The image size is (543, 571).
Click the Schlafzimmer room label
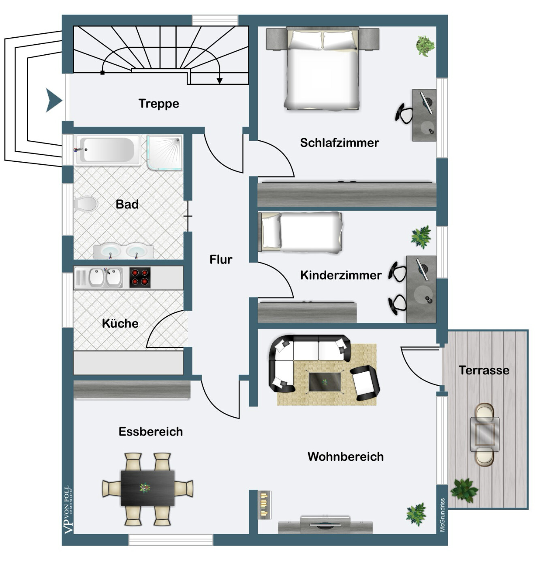click(339, 143)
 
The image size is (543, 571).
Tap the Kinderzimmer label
click(341, 275)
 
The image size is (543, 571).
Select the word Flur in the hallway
click(221, 260)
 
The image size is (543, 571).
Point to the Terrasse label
click(484, 370)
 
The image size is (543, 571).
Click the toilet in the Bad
click(85, 204)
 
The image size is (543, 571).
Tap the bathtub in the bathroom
click(108, 150)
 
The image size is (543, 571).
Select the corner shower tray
click(164, 153)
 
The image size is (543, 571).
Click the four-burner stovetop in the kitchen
click(140, 278)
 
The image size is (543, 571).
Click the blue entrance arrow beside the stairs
click(53, 101)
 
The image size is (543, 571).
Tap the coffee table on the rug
click(325, 382)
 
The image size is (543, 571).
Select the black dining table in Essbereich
click(148, 488)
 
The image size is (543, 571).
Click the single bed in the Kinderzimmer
click(300, 232)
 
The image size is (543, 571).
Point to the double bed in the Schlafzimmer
click(323, 69)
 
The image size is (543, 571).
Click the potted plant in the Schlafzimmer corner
click(425, 46)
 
